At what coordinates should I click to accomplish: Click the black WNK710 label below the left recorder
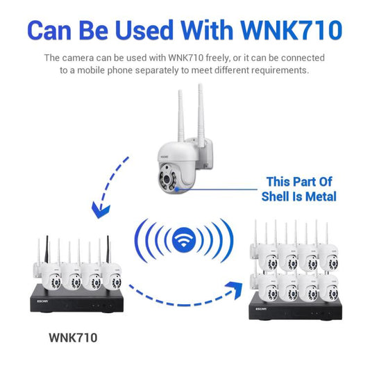click(73, 338)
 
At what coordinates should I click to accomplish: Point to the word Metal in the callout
click(317, 196)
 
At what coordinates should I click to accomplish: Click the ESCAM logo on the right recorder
click(262, 310)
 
